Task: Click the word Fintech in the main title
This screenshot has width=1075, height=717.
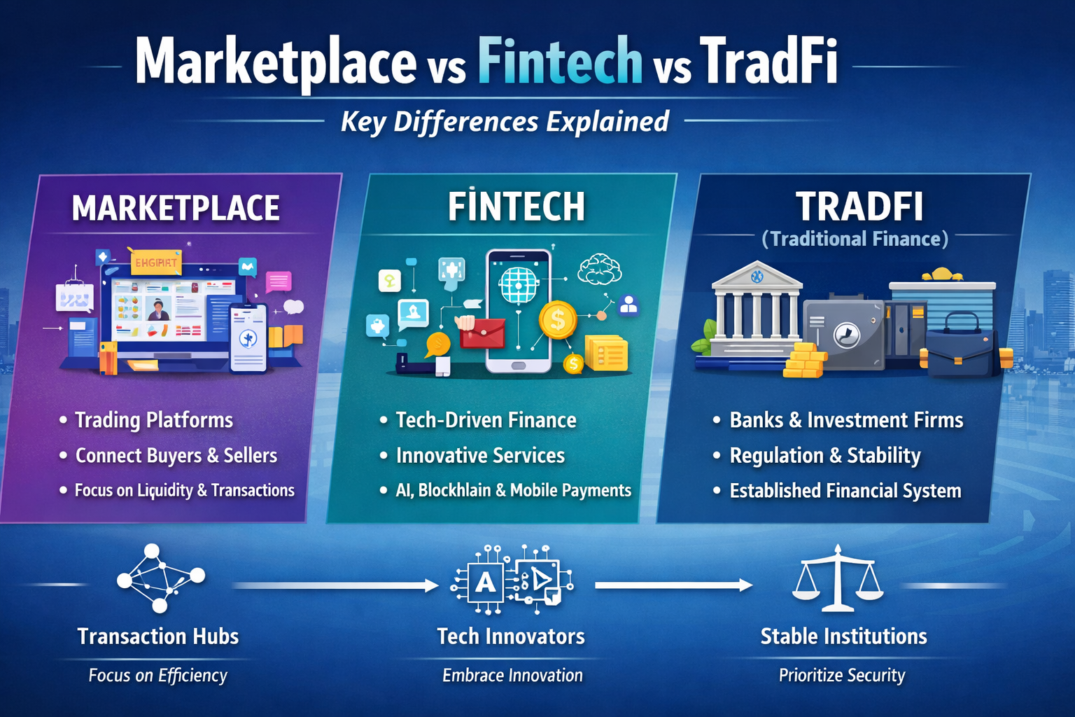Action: click(560, 62)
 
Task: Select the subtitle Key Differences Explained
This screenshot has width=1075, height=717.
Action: click(505, 122)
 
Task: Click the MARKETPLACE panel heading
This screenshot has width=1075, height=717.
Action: click(176, 208)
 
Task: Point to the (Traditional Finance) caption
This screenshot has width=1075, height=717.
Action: click(855, 239)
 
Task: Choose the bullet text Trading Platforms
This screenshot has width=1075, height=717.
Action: click(154, 420)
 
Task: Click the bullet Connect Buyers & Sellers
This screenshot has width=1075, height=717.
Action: click(176, 455)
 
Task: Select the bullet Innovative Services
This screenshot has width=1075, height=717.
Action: click(480, 455)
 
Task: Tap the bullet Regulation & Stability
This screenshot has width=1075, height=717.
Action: click(825, 455)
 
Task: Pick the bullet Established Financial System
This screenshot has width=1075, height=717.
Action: click(845, 490)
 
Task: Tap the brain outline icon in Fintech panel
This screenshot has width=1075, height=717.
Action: click(600, 269)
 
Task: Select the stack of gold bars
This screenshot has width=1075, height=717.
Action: click(804, 360)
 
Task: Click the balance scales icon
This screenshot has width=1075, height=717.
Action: click(838, 578)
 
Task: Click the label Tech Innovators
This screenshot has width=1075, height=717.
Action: click(511, 636)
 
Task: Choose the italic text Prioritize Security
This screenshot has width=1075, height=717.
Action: click(842, 675)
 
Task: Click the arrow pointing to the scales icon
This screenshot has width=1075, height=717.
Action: click(674, 585)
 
